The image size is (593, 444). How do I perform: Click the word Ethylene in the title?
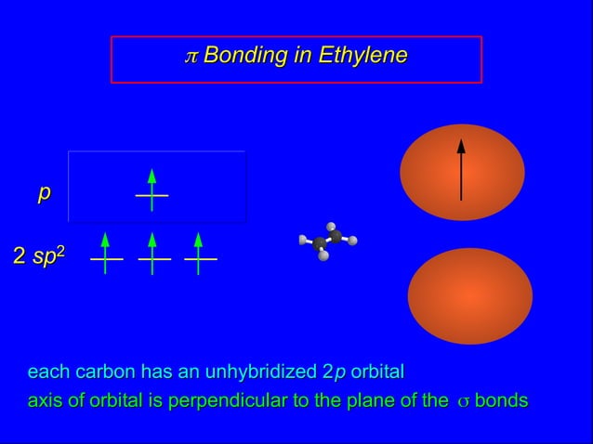pyautogui.click(x=362, y=56)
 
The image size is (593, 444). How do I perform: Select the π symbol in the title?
pyautogui.click(x=191, y=57)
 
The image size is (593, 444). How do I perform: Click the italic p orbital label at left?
pyautogui.click(x=43, y=193)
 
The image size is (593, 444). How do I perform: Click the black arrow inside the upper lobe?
pyautogui.click(x=461, y=169)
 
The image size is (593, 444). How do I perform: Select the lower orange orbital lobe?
pyautogui.click(x=469, y=296)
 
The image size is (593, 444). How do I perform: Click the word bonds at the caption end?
pyautogui.click(x=501, y=401)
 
